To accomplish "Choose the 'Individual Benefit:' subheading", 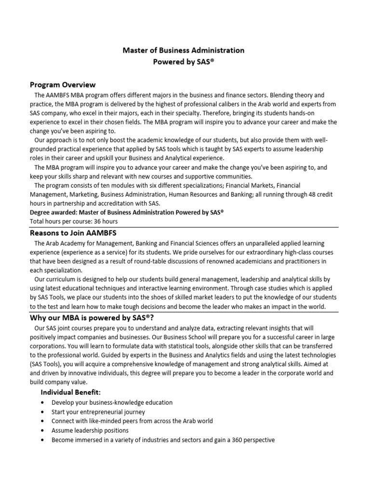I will click(x=70, y=392).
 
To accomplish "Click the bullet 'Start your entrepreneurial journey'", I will click(x=98, y=412).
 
